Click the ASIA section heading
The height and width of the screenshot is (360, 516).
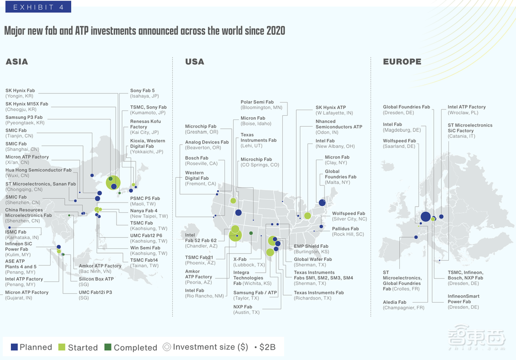point(17,62)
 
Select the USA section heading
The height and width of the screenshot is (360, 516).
point(195,62)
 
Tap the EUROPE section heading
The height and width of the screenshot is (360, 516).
point(402,62)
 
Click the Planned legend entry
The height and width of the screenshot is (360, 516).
point(31,347)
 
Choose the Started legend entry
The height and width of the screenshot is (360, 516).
point(77,347)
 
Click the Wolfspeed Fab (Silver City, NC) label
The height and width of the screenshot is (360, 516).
point(348,216)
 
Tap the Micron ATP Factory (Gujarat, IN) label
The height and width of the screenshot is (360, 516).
point(27,295)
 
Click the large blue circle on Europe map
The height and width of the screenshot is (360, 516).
point(426,217)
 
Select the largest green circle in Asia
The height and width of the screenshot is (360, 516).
point(113,182)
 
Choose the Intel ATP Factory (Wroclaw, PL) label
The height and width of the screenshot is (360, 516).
point(466,109)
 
